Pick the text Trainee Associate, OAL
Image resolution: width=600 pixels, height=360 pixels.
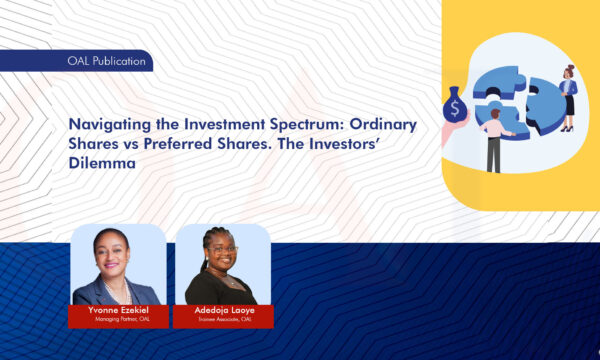point(222,320)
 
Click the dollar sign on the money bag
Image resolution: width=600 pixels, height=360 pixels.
point(453,104)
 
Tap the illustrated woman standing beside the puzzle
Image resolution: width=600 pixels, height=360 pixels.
point(568,95)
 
